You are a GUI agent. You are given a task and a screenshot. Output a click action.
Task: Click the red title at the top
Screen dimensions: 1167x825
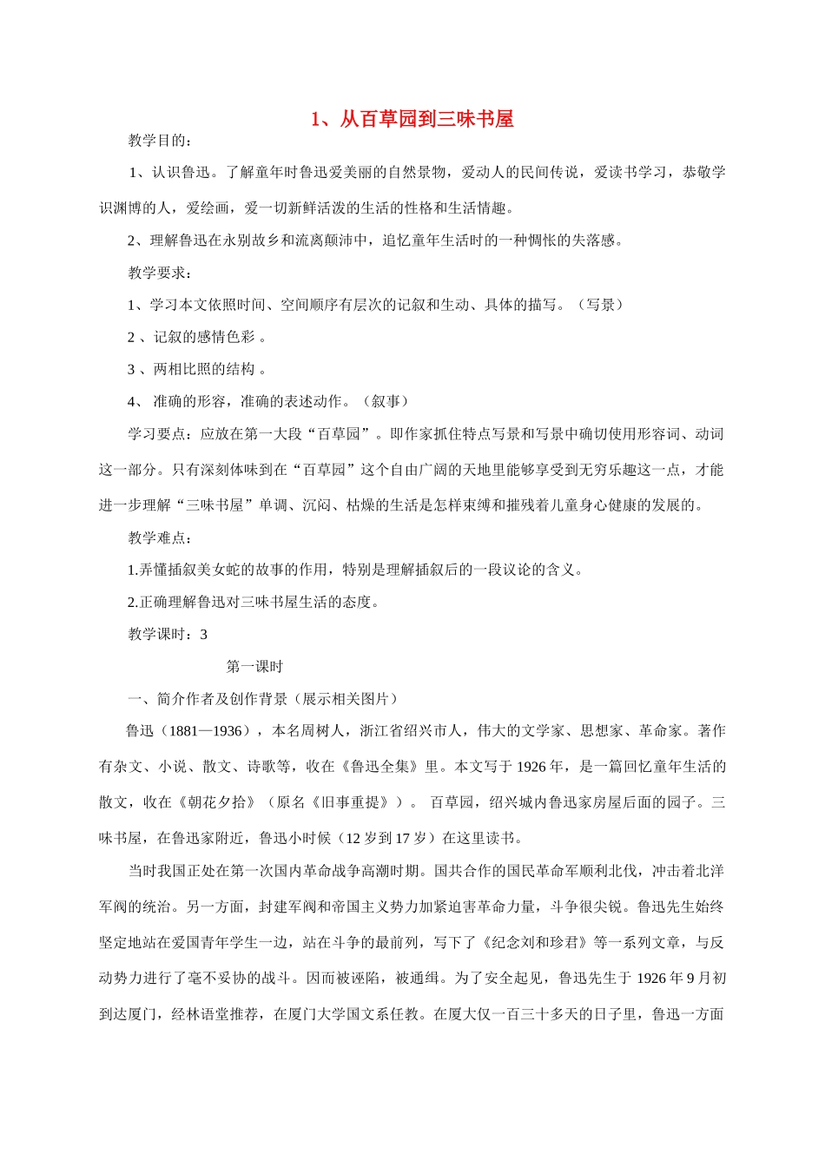coord(412,119)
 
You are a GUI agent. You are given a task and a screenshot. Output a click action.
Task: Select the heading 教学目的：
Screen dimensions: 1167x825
coord(161,141)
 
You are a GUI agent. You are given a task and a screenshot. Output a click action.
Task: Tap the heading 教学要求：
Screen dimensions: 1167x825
coord(161,273)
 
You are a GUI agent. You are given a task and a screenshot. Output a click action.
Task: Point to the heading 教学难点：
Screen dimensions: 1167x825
coord(161,537)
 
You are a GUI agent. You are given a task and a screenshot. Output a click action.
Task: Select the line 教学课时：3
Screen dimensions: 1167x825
coord(168,634)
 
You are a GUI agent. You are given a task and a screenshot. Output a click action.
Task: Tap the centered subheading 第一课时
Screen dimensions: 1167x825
coord(254,667)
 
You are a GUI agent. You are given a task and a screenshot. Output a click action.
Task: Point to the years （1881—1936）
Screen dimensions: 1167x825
coord(203,731)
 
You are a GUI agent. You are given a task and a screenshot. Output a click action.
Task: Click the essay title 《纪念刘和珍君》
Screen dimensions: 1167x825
coord(536,942)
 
